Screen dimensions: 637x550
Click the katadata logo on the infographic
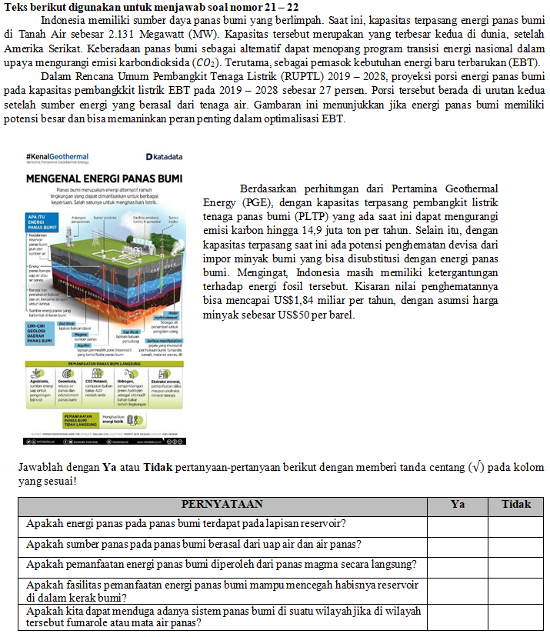pos(164,157)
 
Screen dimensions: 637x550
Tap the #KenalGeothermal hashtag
pos(57,157)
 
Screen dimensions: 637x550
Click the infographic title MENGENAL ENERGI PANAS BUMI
pos(104,178)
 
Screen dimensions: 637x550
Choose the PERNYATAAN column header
pos(222,505)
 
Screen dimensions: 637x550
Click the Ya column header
pos(457,505)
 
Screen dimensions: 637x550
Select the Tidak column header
pos(515,505)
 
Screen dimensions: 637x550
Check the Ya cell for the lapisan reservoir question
pos(457,525)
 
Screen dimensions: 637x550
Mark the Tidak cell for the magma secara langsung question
pos(515,565)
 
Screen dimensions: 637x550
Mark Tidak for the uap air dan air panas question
pos(515,545)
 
